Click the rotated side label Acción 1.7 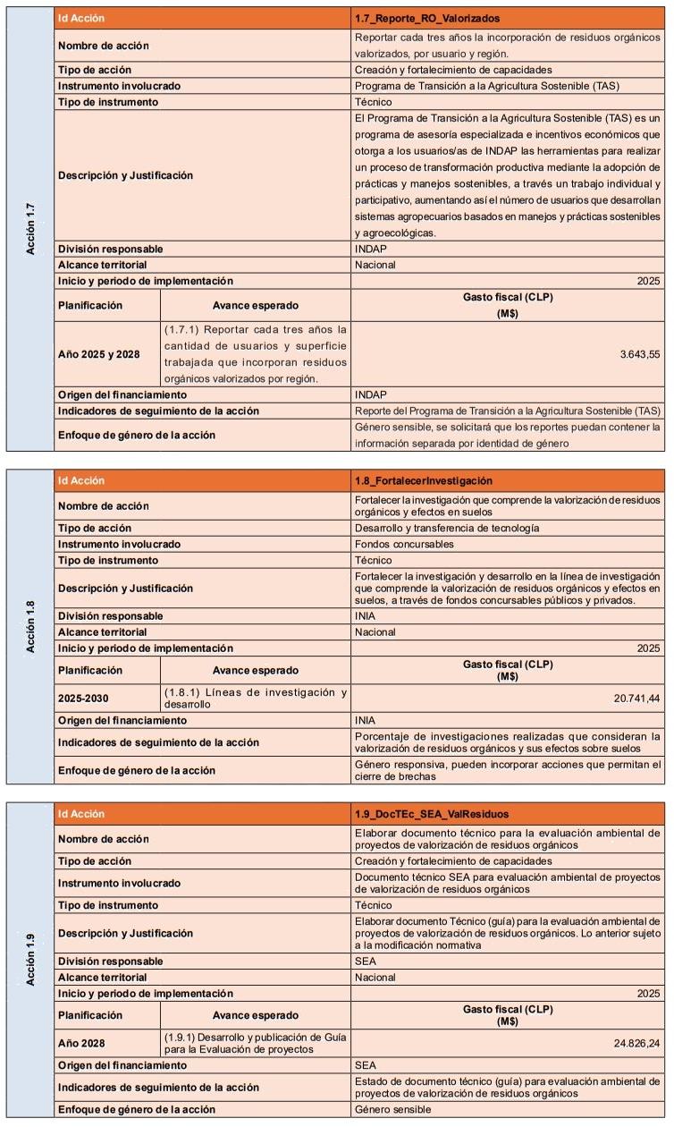(x=31, y=228)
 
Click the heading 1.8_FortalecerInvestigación (x=423, y=481)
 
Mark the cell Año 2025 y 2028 (x=98, y=354)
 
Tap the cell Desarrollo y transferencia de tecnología (x=447, y=528)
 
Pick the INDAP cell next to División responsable (x=370, y=249)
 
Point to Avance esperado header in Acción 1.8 (x=256, y=670)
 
